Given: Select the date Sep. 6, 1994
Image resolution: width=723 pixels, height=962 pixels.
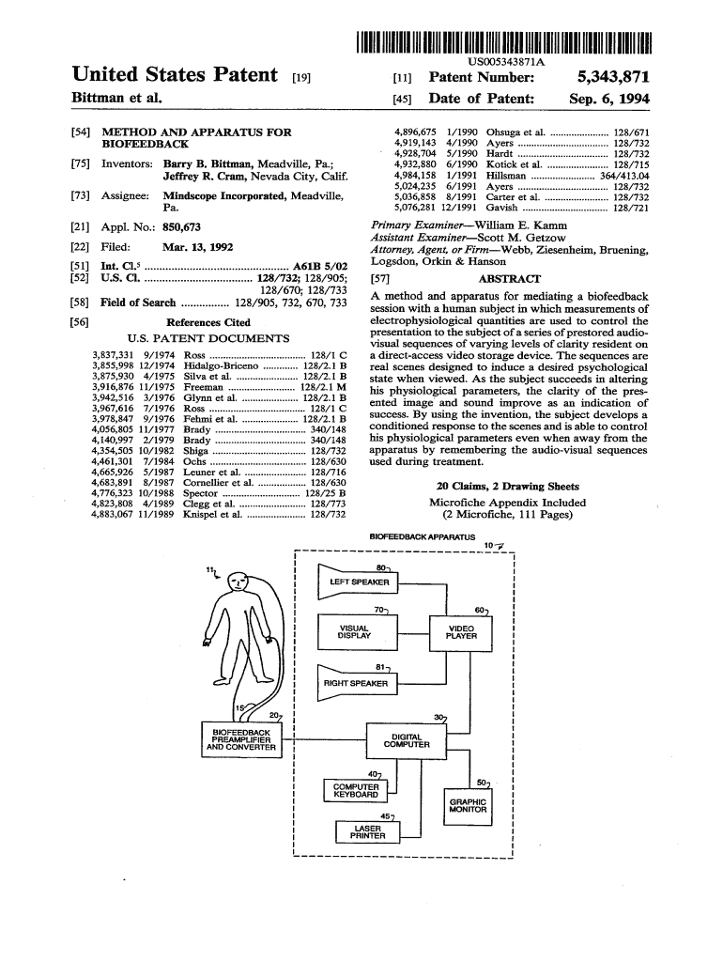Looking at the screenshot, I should point(609,99).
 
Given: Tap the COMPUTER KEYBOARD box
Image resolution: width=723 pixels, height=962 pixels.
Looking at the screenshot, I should point(356,791).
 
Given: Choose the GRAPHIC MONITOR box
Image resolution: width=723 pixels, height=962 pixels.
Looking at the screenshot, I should point(468,805).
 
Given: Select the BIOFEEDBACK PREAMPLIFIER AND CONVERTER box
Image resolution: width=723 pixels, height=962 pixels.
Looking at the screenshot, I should point(241,739).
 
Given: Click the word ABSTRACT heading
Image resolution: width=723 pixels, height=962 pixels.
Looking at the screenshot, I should point(509,279).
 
